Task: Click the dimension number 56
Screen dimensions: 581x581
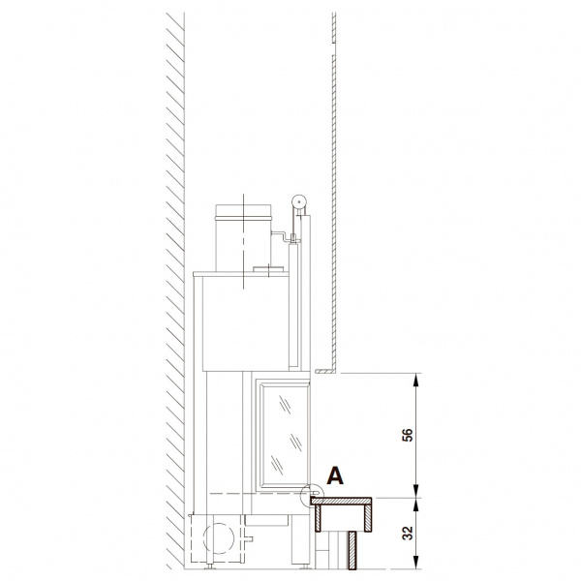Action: tap(407, 435)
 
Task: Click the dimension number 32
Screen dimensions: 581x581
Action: tap(407, 534)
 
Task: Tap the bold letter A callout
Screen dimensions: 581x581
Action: tap(335, 475)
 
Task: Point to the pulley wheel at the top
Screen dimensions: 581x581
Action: tap(298, 202)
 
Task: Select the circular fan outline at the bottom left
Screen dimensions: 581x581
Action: tap(219, 538)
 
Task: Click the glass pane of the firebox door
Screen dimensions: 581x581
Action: tap(285, 435)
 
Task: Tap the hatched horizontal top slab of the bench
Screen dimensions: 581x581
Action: tap(341, 502)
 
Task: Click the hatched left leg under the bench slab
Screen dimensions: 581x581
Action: tap(318, 518)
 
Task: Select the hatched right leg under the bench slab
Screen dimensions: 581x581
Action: tap(368, 518)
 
